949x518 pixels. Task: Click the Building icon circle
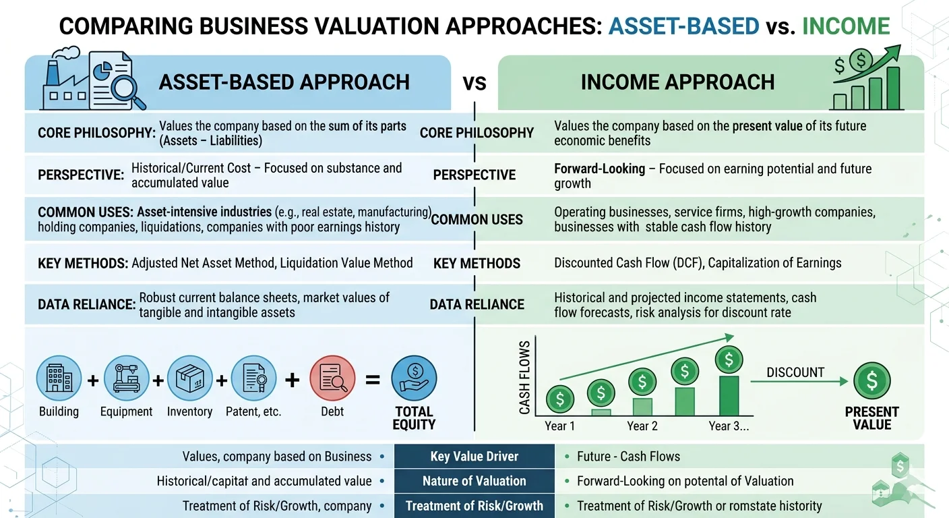click(59, 379)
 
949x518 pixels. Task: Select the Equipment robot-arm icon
click(126, 379)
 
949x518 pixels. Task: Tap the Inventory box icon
click(189, 379)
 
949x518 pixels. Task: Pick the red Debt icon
click(332, 379)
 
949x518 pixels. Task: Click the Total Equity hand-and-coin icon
click(414, 379)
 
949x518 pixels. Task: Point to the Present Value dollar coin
click(872, 380)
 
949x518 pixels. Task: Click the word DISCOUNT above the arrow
click(795, 372)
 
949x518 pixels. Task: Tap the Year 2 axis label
click(642, 426)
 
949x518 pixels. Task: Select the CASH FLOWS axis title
click(525, 377)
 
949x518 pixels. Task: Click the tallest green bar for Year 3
click(729, 395)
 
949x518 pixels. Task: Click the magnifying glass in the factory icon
click(130, 90)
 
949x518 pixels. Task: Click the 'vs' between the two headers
click(474, 83)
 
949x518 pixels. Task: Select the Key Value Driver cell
click(474, 457)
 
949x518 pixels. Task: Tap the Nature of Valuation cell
click(474, 481)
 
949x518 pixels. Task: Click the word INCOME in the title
click(846, 26)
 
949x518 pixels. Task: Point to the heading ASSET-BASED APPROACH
click(284, 82)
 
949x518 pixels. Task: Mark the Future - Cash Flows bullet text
click(628, 457)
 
